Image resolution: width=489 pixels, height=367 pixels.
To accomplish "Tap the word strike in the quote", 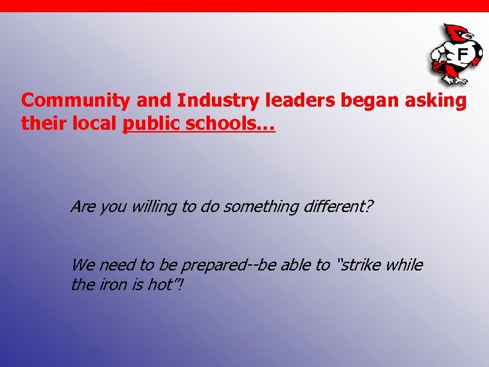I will (x=360, y=264).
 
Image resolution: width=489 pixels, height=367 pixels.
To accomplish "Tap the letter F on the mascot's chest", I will (x=463, y=54).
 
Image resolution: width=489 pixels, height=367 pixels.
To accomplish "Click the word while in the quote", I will (x=403, y=264).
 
